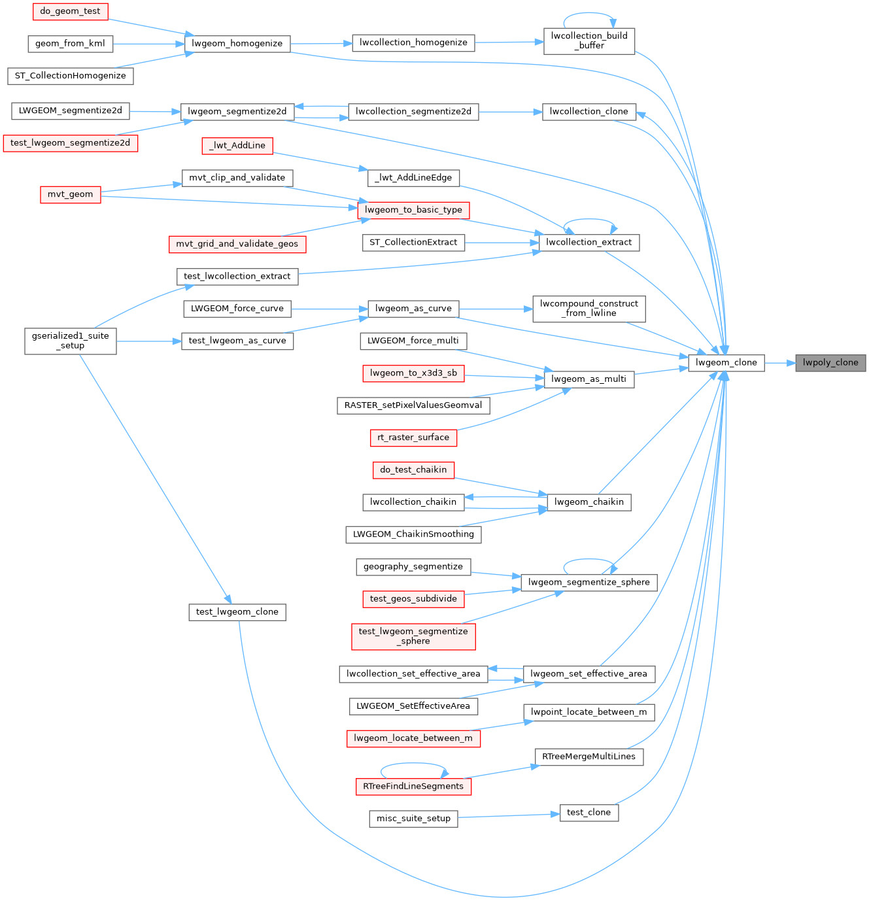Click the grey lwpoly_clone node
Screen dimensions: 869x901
coord(830,362)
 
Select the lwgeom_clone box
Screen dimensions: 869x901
coord(726,362)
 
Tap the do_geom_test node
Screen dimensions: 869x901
coord(71,11)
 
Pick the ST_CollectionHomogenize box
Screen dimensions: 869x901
coord(71,76)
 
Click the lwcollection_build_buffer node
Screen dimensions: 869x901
coord(589,41)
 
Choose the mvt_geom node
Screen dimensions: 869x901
coord(71,194)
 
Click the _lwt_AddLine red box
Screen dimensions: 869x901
coord(237,146)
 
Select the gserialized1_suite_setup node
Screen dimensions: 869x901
coord(71,341)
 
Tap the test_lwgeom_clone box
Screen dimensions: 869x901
coord(237,612)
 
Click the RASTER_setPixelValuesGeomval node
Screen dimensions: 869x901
coord(413,405)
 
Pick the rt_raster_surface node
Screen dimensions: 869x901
coord(413,437)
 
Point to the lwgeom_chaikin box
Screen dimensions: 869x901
coord(589,502)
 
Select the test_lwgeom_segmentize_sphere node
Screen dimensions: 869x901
coord(413,637)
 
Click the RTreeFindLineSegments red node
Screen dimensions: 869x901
coord(413,787)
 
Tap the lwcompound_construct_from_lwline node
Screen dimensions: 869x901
coord(589,309)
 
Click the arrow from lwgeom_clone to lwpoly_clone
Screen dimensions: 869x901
coord(780,363)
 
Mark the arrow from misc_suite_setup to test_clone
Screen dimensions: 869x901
coord(509,816)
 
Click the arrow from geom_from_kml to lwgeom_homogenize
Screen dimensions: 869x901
coord(148,44)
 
